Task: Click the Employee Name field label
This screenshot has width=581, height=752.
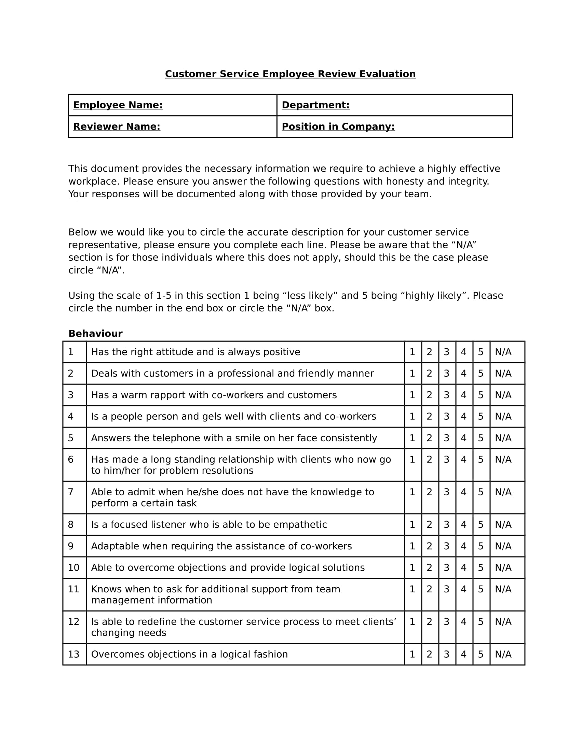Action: click(118, 105)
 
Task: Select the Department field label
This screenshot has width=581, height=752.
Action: click(315, 105)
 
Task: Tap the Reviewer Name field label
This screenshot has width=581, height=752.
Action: click(117, 127)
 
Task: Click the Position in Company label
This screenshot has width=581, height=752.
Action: click(338, 127)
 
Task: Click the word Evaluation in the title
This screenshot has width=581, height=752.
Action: click(388, 74)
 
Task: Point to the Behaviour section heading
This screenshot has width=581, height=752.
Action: click(95, 333)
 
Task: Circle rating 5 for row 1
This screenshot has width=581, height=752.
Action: click(481, 352)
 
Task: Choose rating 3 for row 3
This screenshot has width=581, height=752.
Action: click(446, 395)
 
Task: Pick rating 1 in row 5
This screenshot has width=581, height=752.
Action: click(413, 438)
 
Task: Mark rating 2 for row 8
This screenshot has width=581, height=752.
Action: click(429, 524)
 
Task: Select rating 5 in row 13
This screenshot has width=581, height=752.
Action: click(481, 654)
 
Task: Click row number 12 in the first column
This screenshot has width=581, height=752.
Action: click(74, 621)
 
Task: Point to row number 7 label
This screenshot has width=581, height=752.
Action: click(70, 492)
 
